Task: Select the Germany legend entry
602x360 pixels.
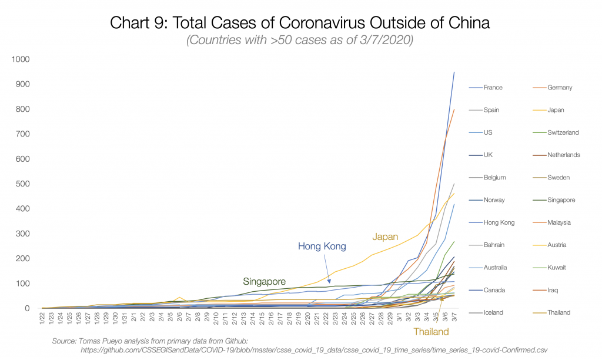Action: pyautogui.click(x=559, y=88)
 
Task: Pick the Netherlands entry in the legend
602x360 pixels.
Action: pyautogui.click(x=564, y=155)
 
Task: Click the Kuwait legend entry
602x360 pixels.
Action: pyautogui.click(x=557, y=268)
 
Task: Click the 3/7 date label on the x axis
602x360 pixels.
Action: pyautogui.click(x=453, y=317)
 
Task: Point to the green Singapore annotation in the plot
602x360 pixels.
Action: pyautogui.click(x=264, y=281)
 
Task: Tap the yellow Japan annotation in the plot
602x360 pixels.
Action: pyautogui.click(x=386, y=236)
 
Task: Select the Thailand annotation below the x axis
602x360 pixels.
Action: pyautogui.click(x=431, y=332)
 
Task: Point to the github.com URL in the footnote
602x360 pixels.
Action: pyautogui.click(x=317, y=350)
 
